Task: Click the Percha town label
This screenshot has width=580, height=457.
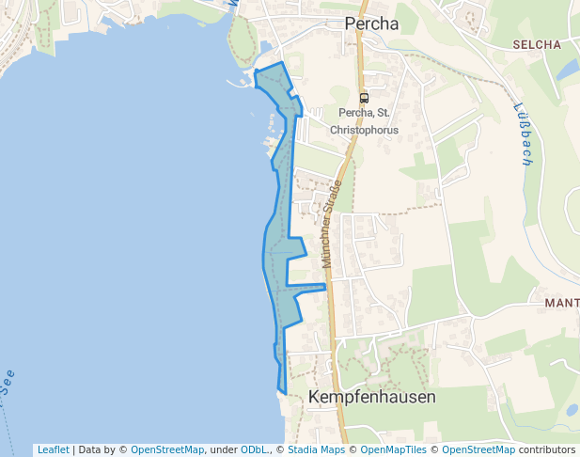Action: pos(371,24)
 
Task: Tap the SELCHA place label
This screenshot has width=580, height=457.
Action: pos(537,44)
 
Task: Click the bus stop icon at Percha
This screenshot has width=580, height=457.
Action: pos(364,98)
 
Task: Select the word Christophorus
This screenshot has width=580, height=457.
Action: pos(362,130)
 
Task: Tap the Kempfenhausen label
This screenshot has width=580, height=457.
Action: pos(371,398)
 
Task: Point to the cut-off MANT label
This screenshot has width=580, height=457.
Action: pos(561,303)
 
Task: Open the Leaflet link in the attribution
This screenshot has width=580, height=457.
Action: pos(53,449)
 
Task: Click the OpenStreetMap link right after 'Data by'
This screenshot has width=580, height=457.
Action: pos(167,449)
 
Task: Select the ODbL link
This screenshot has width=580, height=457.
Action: pos(253,449)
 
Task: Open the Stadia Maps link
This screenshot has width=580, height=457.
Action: pos(316,449)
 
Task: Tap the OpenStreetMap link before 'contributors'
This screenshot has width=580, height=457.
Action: pos(478,449)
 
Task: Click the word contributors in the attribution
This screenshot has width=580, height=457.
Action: pos(546,449)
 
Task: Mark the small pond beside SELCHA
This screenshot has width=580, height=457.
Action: pos(567,70)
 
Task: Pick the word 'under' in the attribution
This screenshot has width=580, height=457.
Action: pos(222,449)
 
